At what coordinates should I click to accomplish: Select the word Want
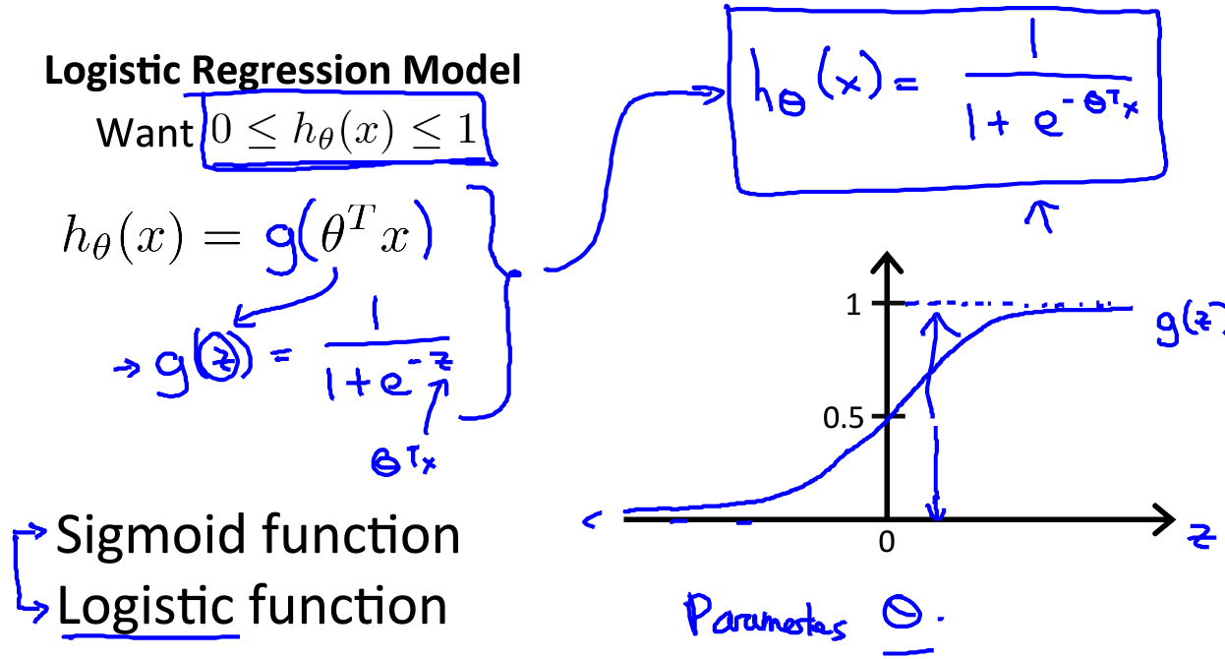145,133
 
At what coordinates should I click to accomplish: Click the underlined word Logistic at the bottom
146,607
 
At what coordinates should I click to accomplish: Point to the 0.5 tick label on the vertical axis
843,418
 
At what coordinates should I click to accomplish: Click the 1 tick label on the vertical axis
853,304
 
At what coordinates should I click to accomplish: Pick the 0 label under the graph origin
887,542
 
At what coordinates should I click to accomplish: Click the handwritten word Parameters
766,617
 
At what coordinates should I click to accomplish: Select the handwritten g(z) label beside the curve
1190,323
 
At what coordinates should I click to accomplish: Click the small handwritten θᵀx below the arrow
404,461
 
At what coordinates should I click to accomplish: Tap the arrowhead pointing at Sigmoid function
38,531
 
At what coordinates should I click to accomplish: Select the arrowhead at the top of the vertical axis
887,263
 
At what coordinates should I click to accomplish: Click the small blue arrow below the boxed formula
1041,216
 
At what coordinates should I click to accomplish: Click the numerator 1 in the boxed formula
1033,38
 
